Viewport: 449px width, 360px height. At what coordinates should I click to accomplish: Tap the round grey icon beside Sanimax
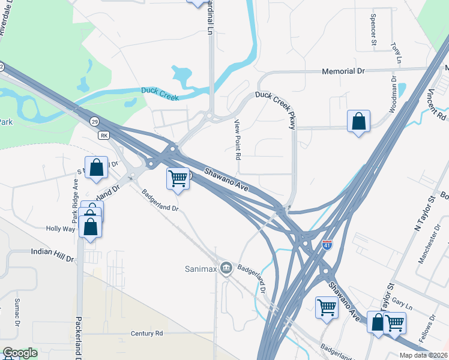pos(226,266)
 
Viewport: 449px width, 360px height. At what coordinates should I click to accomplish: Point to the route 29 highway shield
pos(95,122)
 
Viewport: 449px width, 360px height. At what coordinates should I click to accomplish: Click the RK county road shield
pos(104,135)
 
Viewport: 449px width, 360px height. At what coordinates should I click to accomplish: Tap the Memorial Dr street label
pos(343,71)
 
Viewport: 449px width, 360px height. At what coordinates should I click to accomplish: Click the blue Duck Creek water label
pos(160,91)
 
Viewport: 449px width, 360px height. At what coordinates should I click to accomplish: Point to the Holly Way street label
pos(61,229)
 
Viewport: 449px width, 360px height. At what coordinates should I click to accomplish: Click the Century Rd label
pos(146,333)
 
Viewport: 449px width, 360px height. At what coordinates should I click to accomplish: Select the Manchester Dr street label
pos(430,248)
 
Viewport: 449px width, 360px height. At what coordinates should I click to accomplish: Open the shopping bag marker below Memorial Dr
pos(358,121)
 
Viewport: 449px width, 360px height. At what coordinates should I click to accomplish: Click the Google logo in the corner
pos(20,353)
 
